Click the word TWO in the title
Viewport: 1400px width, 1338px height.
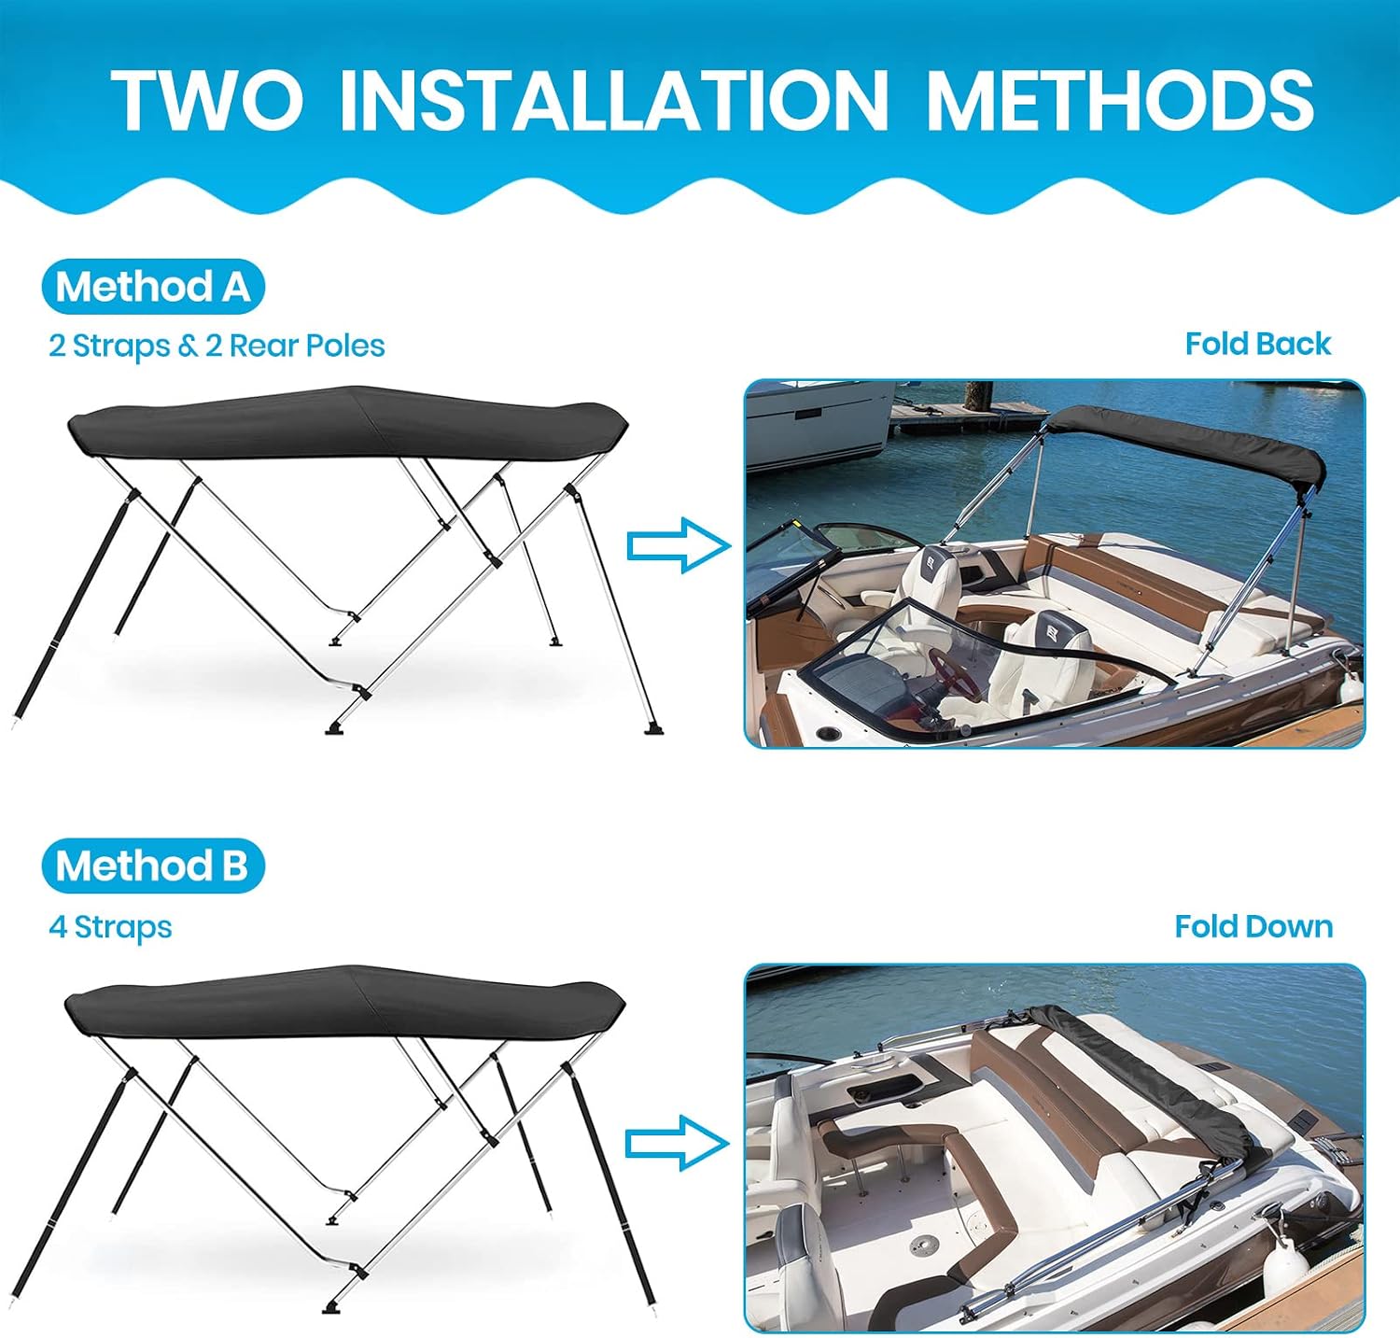click(x=207, y=99)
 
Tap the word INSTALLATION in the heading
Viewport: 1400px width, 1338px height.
click(x=613, y=99)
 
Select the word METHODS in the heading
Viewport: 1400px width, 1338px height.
click(x=1119, y=99)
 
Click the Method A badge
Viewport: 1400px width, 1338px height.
click(x=153, y=287)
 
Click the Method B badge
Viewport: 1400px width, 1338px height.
click(x=153, y=866)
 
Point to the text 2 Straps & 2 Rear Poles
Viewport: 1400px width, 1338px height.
click(x=217, y=345)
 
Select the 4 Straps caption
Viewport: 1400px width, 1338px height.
click(x=110, y=927)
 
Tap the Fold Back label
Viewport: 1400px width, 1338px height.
click(x=1257, y=344)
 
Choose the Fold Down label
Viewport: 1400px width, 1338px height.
click(x=1253, y=926)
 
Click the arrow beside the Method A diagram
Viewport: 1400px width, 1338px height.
click(x=679, y=544)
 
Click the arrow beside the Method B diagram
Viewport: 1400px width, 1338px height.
click(x=677, y=1142)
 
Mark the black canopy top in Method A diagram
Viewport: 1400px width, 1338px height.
click(x=348, y=425)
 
